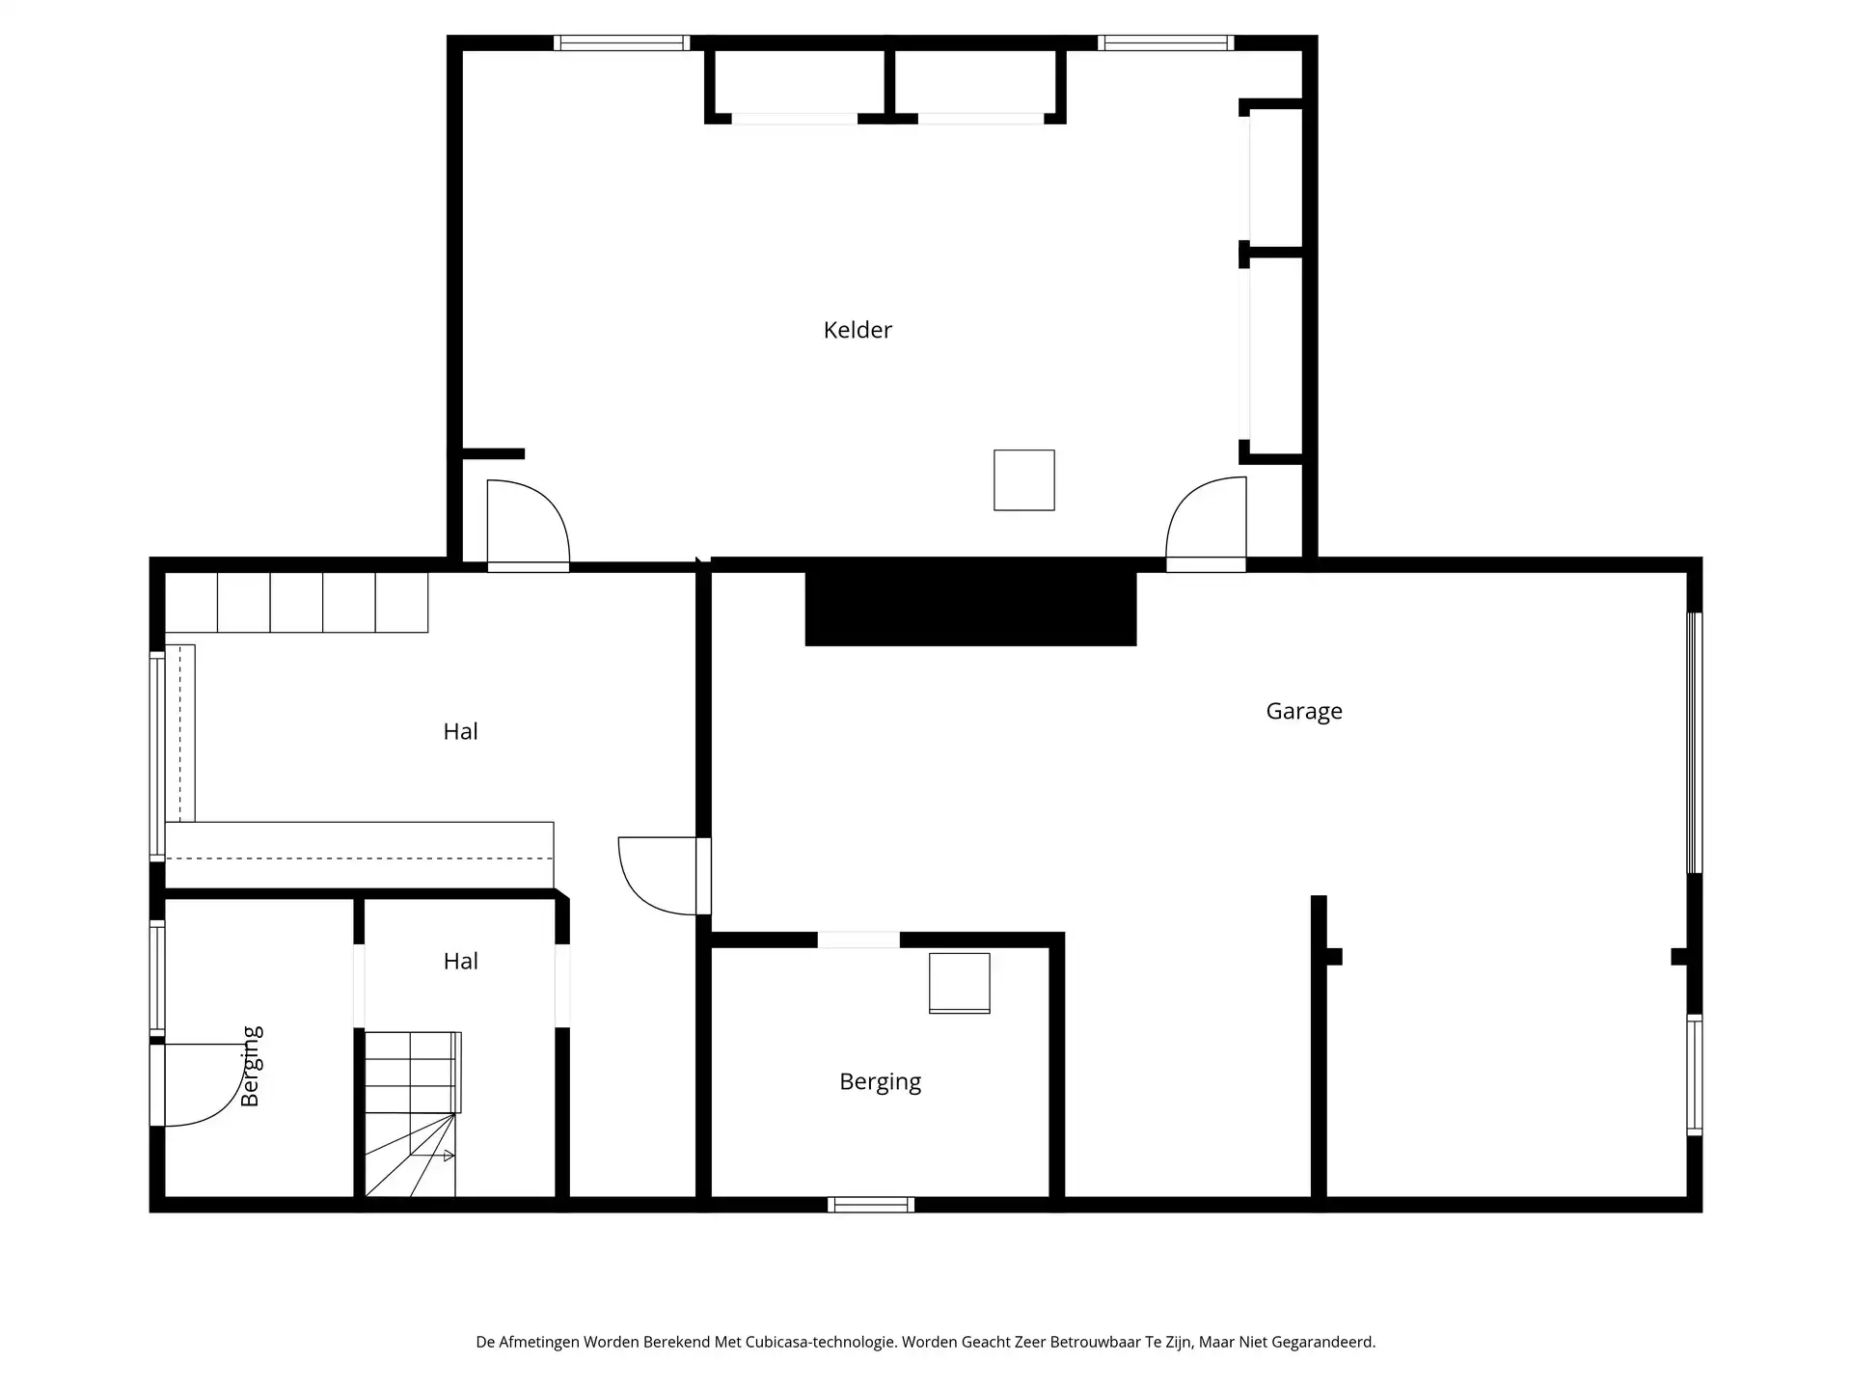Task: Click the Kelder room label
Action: [x=858, y=330]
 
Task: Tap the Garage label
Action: [x=1303, y=712]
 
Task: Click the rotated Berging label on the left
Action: [x=251, y=1066]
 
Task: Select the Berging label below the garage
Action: [x=880, y=1082]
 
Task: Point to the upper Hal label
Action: [x=460, y=732]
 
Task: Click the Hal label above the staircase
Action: [x=460, y=962]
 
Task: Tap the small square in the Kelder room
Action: [x=1023, y=480]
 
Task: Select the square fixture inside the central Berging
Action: [x=959, y=983]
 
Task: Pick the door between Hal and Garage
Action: [x=661, y=876]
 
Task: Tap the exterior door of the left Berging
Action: [x=198, y=1085]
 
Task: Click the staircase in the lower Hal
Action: [x=411, y=1114]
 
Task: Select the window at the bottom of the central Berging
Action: [x=871, y=1204]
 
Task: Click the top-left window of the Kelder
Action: [x=621, y=42]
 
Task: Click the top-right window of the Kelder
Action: [x=1165, y=42]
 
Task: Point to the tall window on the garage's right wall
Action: [x=1694, y=743]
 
